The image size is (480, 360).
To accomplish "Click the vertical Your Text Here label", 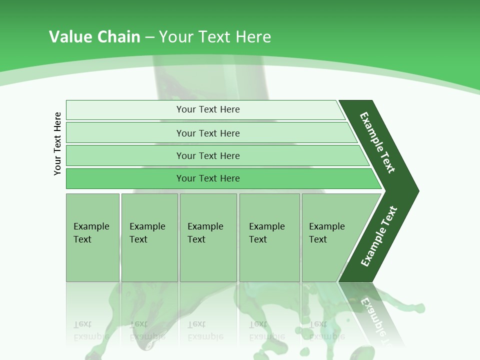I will (57, 144).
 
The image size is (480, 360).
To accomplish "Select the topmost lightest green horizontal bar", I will (125, 110).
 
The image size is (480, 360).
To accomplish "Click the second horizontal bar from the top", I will (125, 133).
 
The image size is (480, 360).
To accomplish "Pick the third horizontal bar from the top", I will (125, 155).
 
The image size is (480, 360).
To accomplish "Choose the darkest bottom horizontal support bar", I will (125, 178).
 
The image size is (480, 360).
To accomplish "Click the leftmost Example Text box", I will (92, 237).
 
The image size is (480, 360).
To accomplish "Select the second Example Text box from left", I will (149, 237).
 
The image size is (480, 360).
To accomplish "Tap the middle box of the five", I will (208, 237).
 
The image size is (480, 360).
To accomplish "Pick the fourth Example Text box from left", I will (269, 237).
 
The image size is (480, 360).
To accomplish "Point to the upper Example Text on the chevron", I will (377, 142).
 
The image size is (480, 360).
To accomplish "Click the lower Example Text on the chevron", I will (379, 236).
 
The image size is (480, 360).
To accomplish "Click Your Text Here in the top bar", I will (208, 109).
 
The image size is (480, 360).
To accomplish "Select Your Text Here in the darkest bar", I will (208, 178).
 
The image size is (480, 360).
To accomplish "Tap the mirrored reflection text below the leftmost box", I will (91, 330).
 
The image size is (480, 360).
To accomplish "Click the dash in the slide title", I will (149, 37).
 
